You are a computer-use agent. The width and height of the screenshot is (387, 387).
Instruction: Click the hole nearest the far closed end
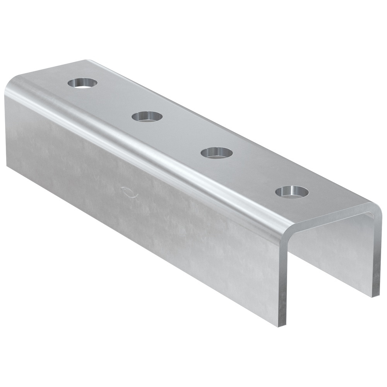click(x=82, y=82)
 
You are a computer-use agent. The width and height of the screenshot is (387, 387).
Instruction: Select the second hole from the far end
click(x=147, y=116)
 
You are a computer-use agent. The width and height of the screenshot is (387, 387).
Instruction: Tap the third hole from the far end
click(x=217, y=152)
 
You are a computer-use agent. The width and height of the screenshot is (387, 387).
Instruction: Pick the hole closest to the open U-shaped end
click(x=292, y=192)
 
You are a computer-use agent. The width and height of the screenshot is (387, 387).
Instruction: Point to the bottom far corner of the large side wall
click(x=7, y=164)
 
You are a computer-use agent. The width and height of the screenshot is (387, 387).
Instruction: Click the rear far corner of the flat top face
click(x=87, y=61)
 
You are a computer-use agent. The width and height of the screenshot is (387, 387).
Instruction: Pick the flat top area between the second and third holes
click(x=182, y=134)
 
